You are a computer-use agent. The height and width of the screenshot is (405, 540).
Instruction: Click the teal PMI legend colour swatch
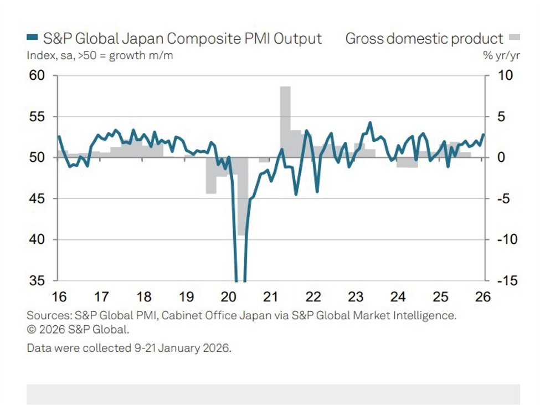[x=32, y=38]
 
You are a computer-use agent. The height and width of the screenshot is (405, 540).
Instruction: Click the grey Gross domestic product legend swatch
[x=515, y=38]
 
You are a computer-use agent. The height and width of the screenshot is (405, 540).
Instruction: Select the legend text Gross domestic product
[x=424, y=39]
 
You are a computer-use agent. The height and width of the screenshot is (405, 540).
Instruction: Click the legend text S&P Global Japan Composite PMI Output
[x=182, y=39]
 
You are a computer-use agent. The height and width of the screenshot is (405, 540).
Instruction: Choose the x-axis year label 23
[x=356, y=297]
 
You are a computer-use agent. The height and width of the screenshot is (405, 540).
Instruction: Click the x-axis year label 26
[x=483, y=297]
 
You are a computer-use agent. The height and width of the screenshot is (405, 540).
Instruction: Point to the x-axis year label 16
[x=59, y=297]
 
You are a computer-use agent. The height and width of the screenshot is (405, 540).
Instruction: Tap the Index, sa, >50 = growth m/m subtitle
[x=100, y=56]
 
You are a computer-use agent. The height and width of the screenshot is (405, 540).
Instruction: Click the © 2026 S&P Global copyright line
[x=78, y=330]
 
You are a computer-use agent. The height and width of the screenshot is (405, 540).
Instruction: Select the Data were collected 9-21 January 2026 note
[x=128, y=348]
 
